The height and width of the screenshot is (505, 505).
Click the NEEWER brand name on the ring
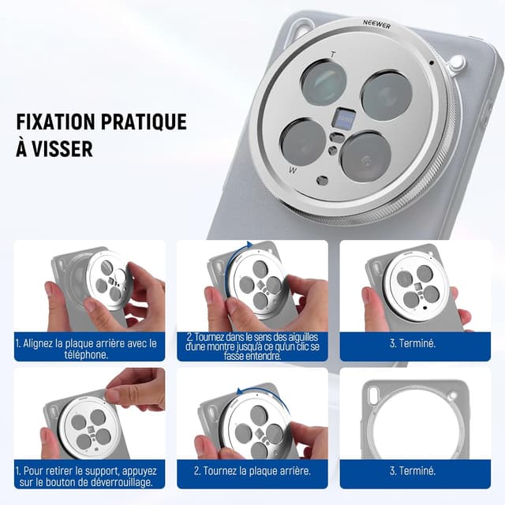point(377,24)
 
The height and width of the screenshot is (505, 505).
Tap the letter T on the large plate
point(333,54)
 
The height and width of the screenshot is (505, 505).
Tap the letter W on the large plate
point(293,170)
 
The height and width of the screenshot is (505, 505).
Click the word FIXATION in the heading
point(55,122)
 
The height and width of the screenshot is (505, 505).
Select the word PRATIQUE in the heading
point(144,122)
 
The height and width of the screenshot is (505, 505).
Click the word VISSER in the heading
point(62,149)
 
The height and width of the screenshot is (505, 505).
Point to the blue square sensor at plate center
point(345,118)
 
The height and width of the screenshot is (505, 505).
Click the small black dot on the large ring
point(432,63)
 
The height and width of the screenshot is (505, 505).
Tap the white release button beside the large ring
point(458,62)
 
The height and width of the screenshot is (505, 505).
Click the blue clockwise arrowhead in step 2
point(249,245)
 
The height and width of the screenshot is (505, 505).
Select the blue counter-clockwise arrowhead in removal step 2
point(240,391)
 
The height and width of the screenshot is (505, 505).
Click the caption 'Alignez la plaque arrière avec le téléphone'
point(86,349)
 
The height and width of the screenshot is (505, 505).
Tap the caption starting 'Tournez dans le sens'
point(252,346)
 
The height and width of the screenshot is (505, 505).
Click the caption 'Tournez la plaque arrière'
point(252,471)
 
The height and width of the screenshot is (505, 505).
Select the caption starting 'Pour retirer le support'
point(86,477)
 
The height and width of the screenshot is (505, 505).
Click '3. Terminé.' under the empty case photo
point(413,471)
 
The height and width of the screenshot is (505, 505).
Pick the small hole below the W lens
point(323,181)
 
